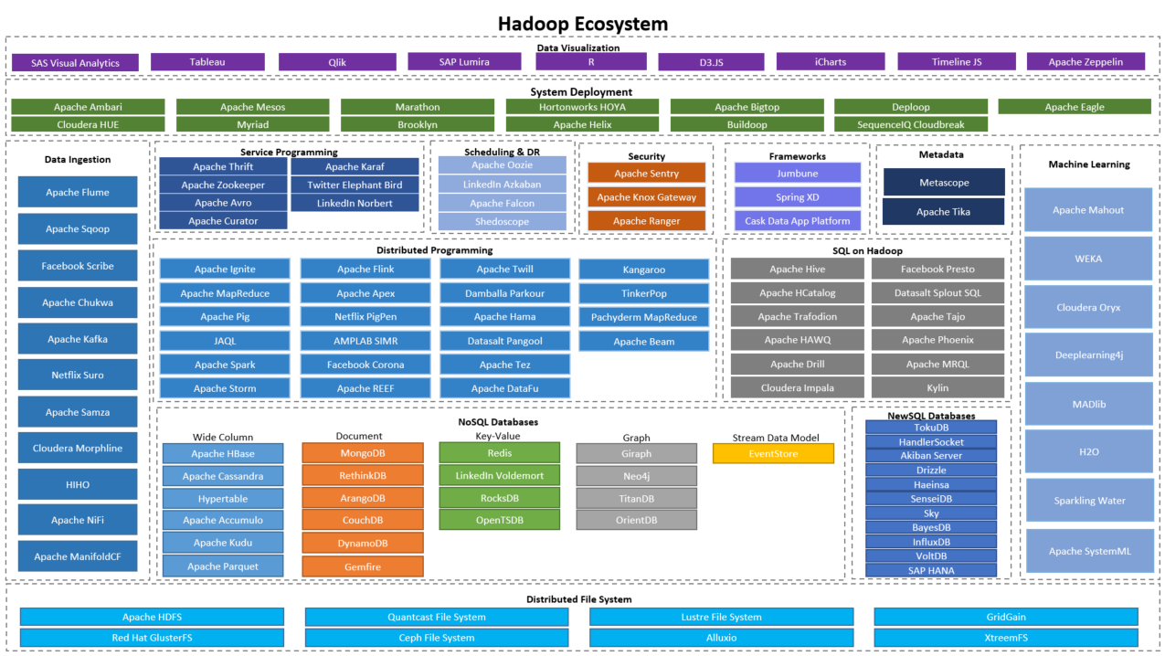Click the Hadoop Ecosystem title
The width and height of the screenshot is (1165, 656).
(582, 24)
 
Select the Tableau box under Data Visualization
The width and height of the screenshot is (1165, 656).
(207, 62)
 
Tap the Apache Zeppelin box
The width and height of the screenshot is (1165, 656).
(1086, 62)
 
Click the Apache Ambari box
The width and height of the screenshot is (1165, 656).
(88, 107)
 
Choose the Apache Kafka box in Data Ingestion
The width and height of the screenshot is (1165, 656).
(78, 339)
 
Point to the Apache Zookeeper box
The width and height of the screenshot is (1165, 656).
(223, 185)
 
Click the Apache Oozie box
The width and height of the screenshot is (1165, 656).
(502, 165)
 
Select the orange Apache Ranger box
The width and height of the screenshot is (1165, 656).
(646, 220)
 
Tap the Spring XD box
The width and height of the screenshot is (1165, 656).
(797, 196)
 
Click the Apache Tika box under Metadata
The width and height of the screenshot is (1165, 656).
(943, 212)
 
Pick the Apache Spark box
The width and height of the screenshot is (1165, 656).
(225, 365)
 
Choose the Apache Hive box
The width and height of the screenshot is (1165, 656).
(797, 269)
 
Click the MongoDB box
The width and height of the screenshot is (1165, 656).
(363, 453)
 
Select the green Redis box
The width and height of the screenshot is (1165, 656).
(499, 453)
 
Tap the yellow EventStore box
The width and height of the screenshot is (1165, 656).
(773, 453)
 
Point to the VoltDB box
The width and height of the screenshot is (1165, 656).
(930, 555)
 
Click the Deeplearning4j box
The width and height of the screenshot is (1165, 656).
(1088, 355)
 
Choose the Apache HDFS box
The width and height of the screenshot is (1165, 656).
(152, 618)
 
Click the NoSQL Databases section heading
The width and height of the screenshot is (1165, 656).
(498, 422)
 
